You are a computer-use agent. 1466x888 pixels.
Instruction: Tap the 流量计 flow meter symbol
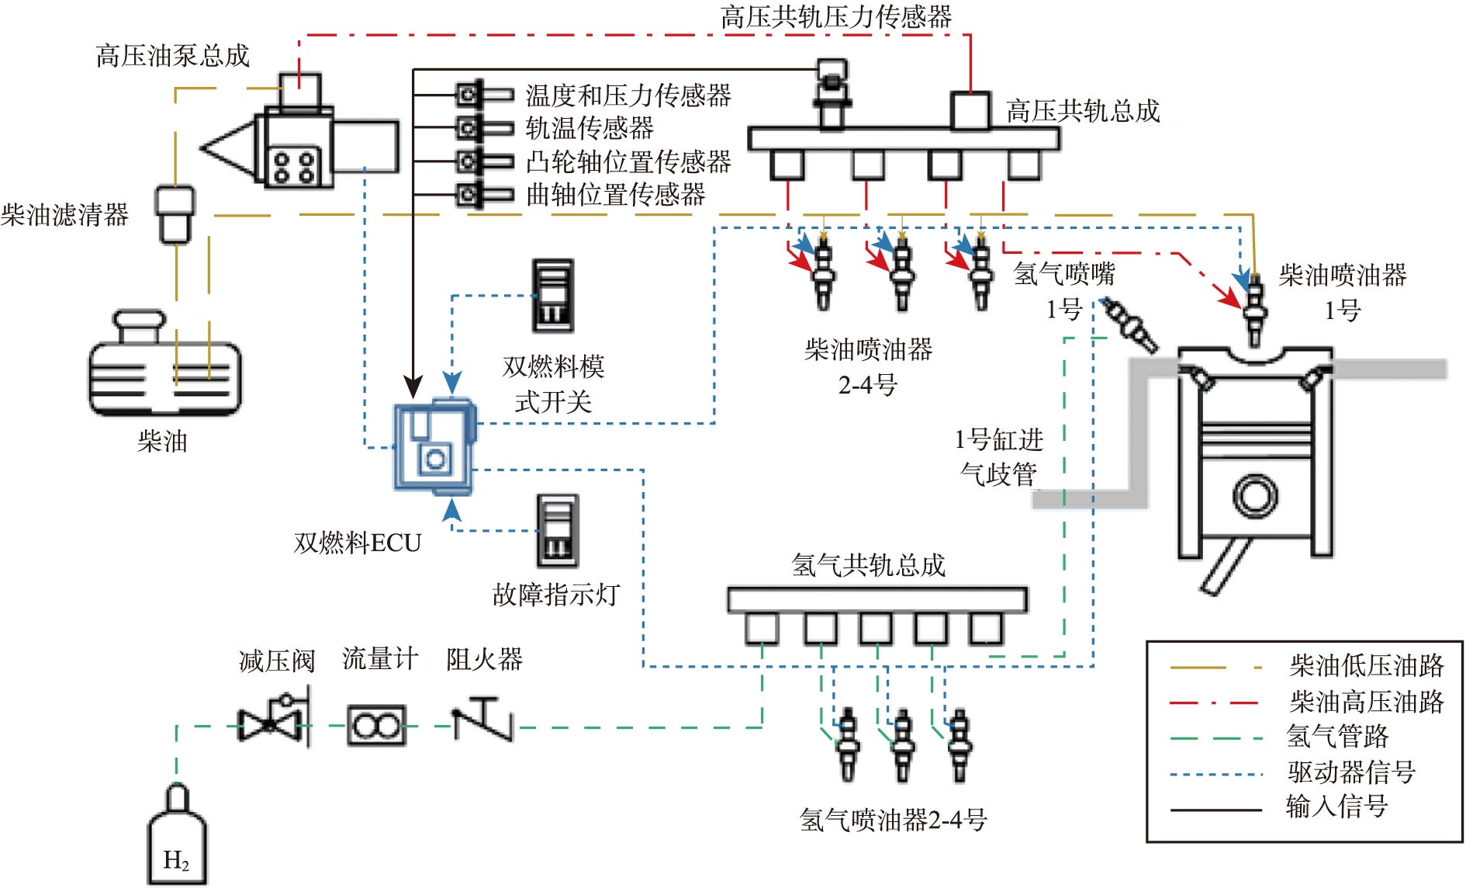tap(376, 727)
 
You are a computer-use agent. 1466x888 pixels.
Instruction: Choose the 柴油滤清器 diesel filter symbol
tap(175, 213)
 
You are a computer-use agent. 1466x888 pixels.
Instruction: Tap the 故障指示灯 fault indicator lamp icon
tap(558, 531)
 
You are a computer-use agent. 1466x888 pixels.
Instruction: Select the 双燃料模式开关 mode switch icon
tap(553, 296)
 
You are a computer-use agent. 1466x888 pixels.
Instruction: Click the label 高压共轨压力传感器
tap(836, 16)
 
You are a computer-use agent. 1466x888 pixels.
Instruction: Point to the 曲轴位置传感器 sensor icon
tap(483, 194)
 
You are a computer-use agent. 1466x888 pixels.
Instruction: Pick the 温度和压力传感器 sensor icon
tap(483, 95)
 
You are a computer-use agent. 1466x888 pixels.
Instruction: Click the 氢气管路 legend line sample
tap(1215, 738)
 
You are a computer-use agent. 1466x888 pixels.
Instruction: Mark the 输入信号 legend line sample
tap(1215, 810)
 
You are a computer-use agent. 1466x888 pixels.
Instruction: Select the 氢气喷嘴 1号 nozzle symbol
tap(1130, 324)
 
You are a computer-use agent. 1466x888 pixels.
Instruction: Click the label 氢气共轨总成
tap(869, 565)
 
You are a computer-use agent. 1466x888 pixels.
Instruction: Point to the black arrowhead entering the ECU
tap(414, 387)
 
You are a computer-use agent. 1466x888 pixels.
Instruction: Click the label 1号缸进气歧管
tap(999, 456)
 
